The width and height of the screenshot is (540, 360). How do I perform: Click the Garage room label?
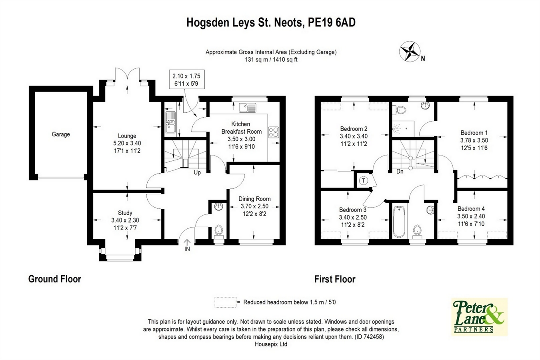[61, 134]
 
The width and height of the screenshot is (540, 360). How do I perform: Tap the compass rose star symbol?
[410, 51]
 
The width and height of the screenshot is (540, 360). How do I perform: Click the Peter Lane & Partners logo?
[479, 317]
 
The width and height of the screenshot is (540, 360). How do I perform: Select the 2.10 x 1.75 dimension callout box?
[186, 80]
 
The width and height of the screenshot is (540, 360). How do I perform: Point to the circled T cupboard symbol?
[363, 180]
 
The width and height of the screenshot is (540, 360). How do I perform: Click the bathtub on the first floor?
[399, 222]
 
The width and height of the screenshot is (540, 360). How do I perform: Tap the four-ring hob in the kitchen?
[274, 132]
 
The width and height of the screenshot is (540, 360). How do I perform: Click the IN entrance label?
[187, 249]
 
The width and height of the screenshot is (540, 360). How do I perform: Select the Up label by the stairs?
[197, 173]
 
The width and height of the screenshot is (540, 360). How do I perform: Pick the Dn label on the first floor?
[400, 172]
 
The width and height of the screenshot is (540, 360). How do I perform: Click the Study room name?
[125, 213]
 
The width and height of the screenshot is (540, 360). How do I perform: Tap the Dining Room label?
[254, 199]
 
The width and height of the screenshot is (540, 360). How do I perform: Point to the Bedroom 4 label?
[471, 209]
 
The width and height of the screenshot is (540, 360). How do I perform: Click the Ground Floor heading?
[55, 279]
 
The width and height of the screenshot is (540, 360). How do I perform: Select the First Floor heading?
[335, 279]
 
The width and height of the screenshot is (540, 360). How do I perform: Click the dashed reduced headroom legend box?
[226, 302]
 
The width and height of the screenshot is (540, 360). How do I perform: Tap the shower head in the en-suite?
[396, 128]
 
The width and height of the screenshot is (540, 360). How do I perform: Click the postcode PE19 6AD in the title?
[332, 23]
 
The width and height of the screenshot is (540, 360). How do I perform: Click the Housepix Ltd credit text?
[271, 344]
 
